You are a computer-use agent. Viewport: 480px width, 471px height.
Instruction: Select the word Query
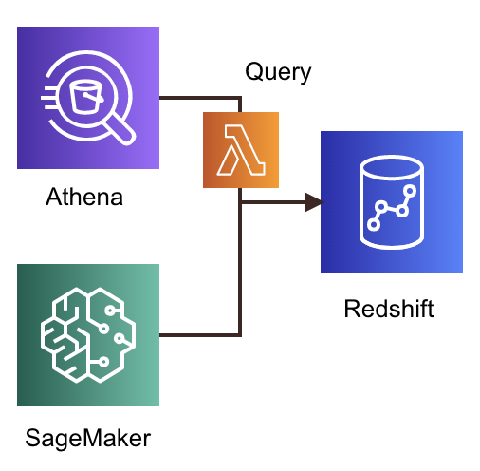(278, 71)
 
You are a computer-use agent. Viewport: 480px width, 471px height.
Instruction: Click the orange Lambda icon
(241, 149)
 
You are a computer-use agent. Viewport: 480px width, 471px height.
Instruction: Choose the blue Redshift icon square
(391, 202)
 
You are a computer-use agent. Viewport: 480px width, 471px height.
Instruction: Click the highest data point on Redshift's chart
(412, 190)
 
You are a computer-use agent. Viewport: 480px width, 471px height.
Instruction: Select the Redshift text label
(388, 309)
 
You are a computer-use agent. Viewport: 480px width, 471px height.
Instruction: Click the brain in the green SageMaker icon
(87, 334)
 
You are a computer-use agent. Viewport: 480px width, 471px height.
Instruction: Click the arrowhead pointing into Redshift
(312, 202)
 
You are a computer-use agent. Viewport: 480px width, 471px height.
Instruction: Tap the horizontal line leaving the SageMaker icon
(199, 334)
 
